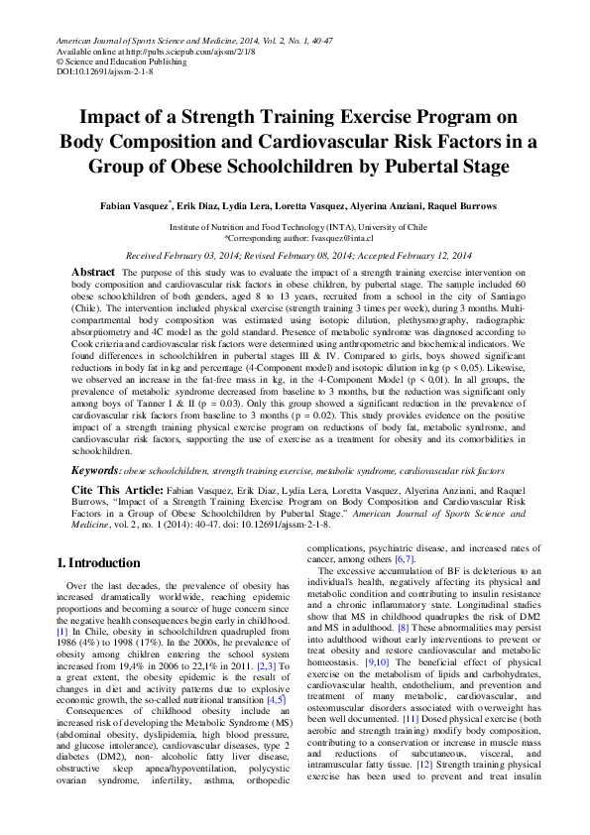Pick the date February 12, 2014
point(424,255)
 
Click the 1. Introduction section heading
point(99,562)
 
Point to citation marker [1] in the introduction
point(62,631)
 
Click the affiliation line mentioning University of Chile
point(295,227)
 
